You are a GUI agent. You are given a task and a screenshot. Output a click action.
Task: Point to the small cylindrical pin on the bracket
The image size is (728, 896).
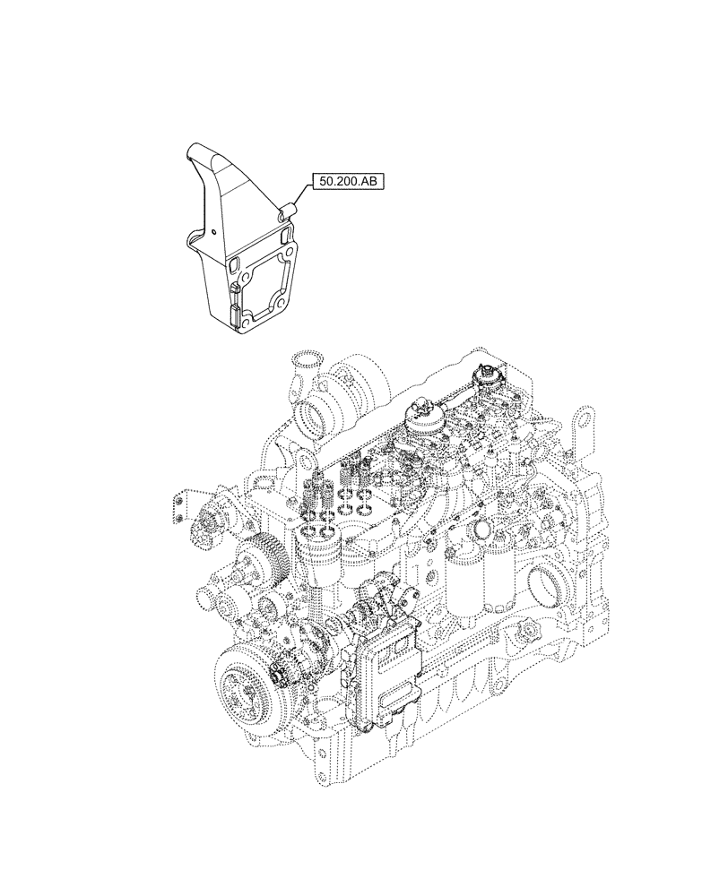click(288, 211)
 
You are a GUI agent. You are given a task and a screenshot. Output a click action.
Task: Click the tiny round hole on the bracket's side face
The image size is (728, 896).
click(216, 232)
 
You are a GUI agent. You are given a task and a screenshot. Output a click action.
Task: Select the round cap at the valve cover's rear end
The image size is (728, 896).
click(490, 376)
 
